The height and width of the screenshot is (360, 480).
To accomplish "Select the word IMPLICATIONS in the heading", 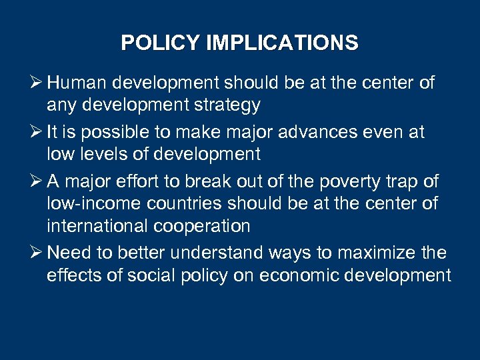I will pyautogui.click(x=282, y=43).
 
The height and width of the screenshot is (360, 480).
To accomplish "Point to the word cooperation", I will pyautogui.click(x=203, y=225).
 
